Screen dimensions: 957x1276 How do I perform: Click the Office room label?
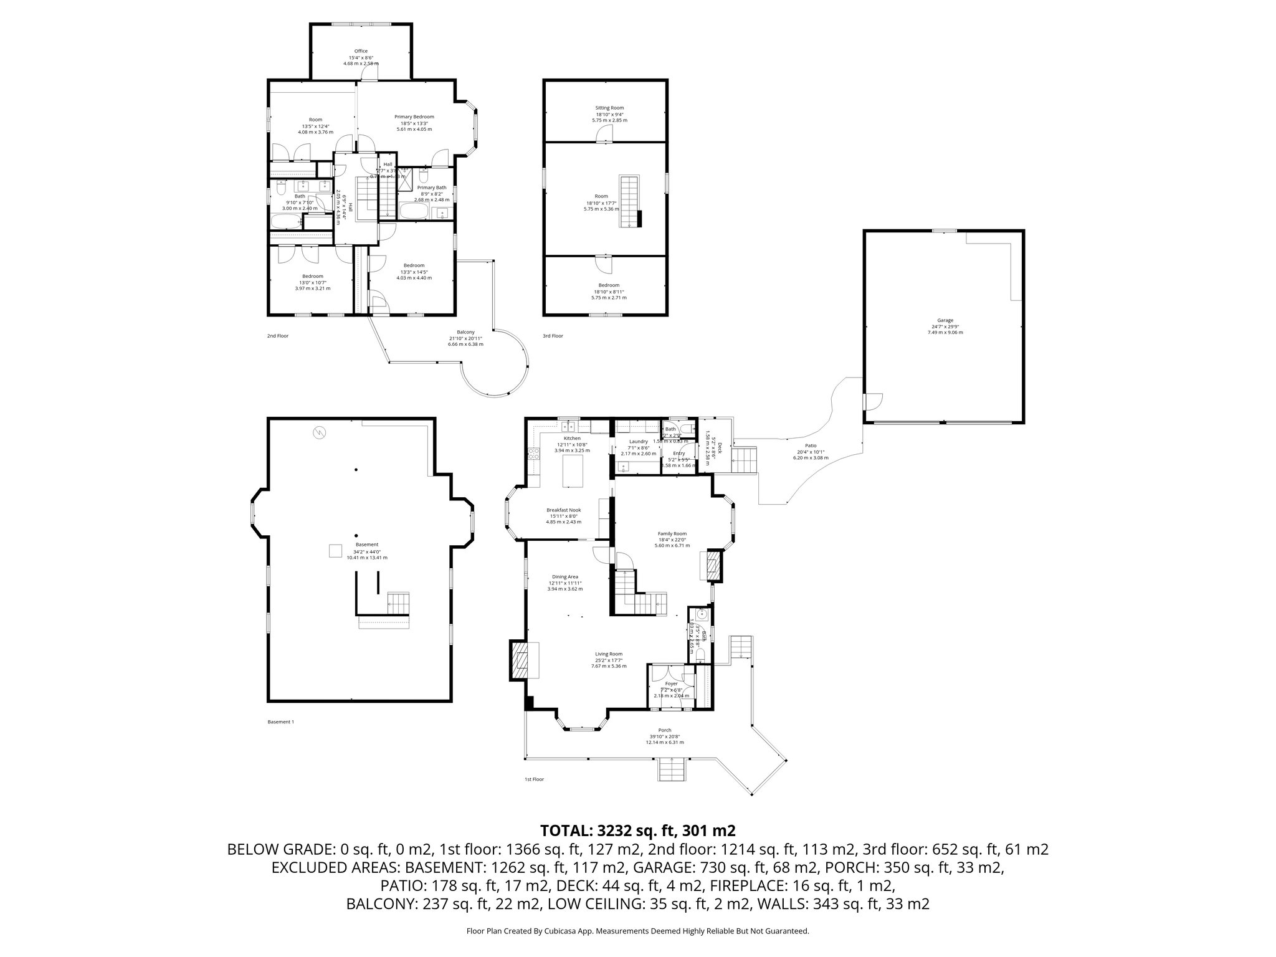(x=361, y=51)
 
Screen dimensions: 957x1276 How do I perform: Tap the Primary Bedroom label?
(x=414, y=117)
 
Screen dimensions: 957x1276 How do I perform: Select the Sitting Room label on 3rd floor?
(x=609, y=108)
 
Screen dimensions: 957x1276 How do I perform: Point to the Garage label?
(x=945, y=320)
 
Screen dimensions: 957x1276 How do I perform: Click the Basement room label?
(x=366, y=545)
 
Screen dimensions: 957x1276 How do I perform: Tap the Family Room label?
(x=672, y=533)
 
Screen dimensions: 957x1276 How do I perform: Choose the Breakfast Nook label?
(x=563, y=510)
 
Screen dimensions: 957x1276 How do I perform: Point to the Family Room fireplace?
(x=715, y=565)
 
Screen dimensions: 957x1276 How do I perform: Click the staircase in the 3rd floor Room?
(x=629, y=201)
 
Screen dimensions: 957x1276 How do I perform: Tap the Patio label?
(x=810, y=445)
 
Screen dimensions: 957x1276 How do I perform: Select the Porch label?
(x=664, y=730)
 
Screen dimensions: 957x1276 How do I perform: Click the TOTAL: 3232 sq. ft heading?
(x=637, y=830)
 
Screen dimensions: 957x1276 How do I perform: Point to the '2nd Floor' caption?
(x=277, y=336)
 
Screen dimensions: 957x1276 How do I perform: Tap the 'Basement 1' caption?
(x=280, y=722)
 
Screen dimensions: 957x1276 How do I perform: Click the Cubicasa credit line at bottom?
(x=637, y=931)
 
